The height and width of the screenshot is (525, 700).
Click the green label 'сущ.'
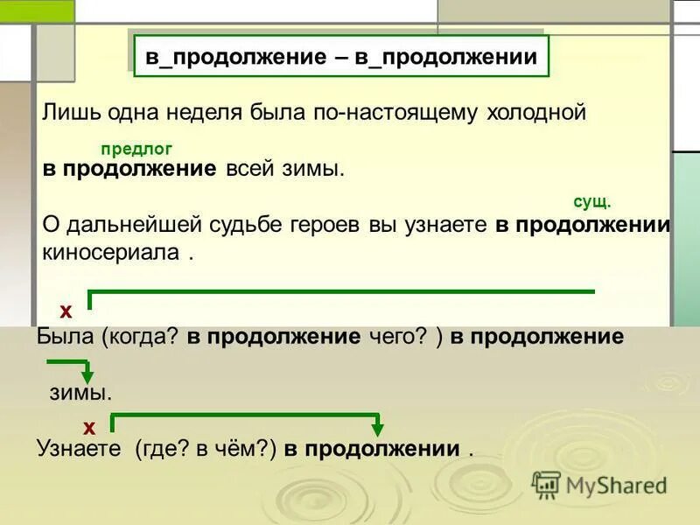click(591, 201)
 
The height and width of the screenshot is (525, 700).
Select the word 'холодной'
click(535, 113)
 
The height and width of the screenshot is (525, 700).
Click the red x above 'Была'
click(65, 311)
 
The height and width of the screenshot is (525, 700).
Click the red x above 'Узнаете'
click(89, 427)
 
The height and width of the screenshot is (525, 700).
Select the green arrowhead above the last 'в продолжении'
click(377, 429)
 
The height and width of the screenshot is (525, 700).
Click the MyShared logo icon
click(546, 484)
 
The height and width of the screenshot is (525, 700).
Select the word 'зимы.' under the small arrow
click(80, 393)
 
